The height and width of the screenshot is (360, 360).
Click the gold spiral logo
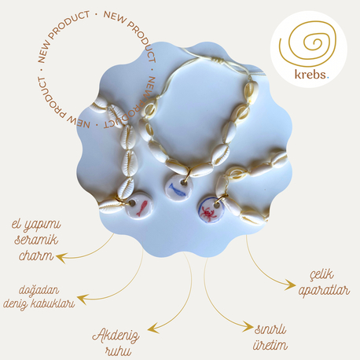point(307,45)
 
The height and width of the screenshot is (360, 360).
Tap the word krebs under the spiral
point(310,75)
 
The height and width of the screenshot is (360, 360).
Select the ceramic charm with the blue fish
point(178,187)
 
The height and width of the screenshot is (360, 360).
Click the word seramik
point(36,240)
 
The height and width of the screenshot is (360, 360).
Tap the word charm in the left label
point(37,255)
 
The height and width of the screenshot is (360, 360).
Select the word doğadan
point(39,291)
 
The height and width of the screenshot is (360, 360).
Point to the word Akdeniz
point(116,336)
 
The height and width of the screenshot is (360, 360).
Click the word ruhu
point(118,351)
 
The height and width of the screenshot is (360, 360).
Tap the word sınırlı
point(270,329)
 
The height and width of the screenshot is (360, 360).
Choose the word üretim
point(270,345)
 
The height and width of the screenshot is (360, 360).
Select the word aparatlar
point(324,291)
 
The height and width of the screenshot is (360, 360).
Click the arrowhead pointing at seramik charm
point(61,258)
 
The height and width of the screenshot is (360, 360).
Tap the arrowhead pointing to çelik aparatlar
point(291,285)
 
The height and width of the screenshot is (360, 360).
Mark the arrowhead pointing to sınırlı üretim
point(248,326)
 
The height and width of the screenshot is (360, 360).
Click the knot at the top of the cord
point(216,61)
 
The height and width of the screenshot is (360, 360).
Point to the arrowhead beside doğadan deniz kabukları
point(82,299)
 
